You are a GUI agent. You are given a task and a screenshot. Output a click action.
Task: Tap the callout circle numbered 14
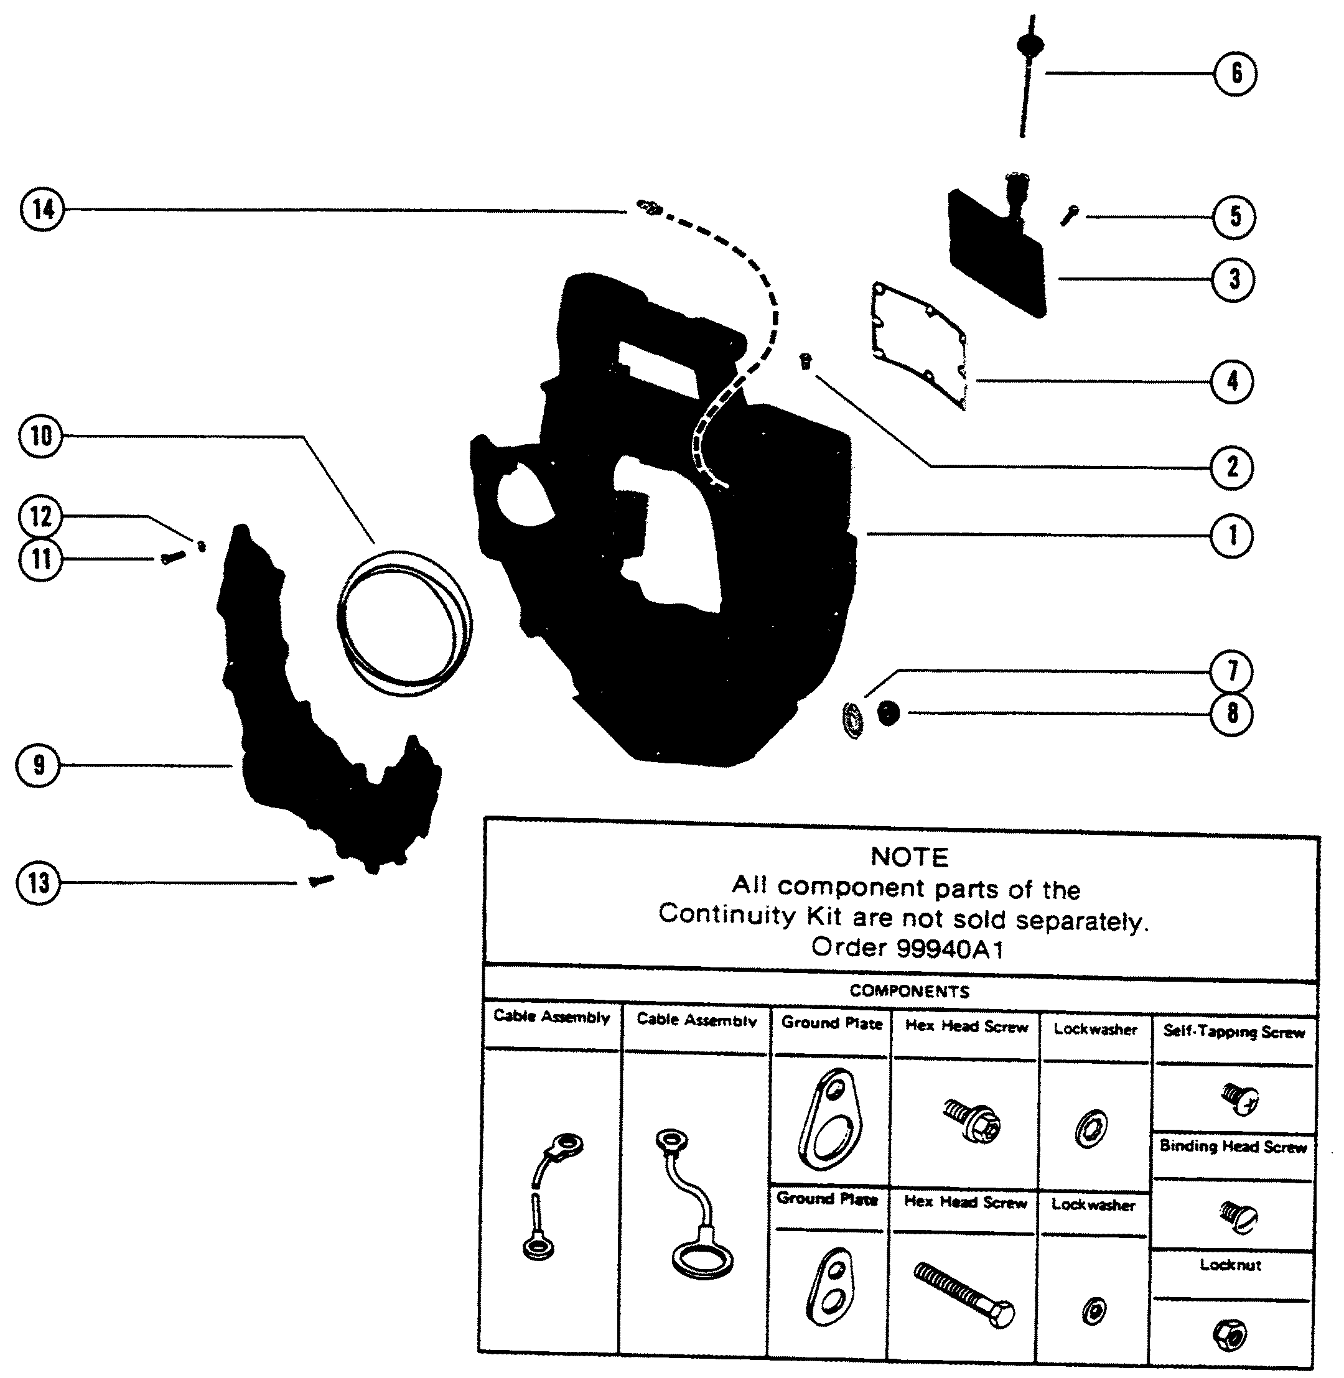[42, 210]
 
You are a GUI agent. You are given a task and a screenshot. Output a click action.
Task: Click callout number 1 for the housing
[1233, 535]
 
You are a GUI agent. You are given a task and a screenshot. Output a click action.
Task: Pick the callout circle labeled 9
[39, 765]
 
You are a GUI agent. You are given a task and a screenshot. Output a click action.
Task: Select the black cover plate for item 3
[996, 254]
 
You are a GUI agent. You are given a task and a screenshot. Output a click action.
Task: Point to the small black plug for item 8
[888, 714]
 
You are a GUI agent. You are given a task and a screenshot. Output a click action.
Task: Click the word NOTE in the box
[909, 857]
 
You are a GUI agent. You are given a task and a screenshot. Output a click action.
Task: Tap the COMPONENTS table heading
[909, 991]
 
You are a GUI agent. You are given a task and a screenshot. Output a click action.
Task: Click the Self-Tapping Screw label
[1233, 1032]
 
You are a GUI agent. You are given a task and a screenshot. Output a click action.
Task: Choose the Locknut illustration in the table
[1230, 1334]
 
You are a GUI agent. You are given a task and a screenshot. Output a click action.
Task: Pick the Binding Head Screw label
[1233, 1147]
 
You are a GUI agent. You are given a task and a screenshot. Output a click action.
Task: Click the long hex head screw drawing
[964, 1295]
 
